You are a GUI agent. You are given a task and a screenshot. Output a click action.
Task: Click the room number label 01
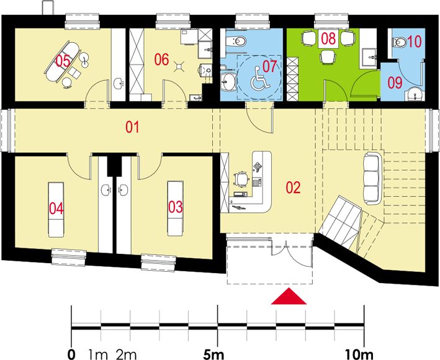[x=132, y=128]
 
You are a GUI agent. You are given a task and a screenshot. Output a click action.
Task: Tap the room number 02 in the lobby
[x=294, y=186]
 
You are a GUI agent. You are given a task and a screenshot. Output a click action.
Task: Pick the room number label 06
[x=162, y=60]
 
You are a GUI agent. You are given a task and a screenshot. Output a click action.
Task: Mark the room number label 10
[x=413, y=43]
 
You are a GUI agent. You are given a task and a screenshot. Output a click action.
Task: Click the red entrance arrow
[x=289, y=297]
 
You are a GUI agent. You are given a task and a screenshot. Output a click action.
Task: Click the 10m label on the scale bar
[x=362, y=355]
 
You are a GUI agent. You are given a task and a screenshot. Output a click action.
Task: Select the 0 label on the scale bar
[x=73, y=355]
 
